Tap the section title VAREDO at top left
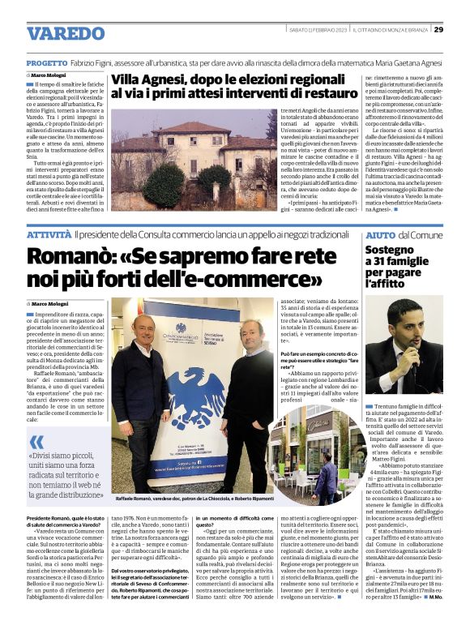(66, 33)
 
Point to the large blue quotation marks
(37, 443)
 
